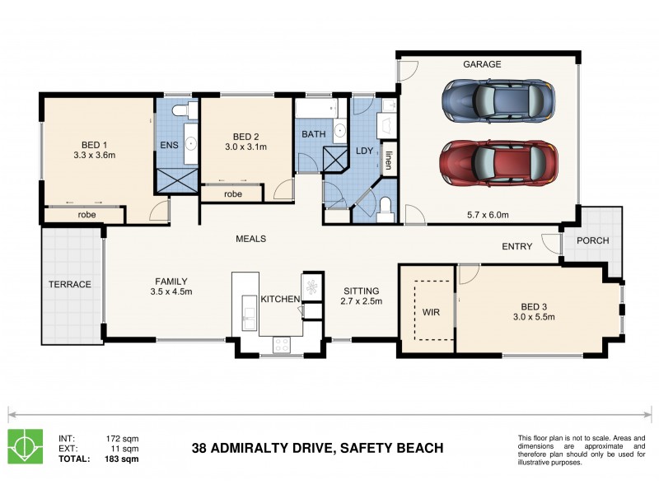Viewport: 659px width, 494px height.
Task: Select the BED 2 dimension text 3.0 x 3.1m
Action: point(245,148)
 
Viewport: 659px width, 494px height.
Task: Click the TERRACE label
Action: point(70,284)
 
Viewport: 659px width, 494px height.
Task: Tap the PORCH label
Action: point(591,241)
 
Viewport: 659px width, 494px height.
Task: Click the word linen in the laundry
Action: point(388,156)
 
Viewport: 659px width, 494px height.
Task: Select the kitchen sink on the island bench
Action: point(247,313)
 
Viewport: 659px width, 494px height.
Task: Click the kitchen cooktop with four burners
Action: point(281,344)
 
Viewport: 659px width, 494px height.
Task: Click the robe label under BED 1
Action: point(86,214)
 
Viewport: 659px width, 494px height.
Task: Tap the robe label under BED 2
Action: point(232,194)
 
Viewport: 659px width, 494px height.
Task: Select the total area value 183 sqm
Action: point(123,459)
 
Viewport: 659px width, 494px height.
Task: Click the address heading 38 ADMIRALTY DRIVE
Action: point(317,449)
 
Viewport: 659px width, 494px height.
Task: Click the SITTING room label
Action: point(361,291)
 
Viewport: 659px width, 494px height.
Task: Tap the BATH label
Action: point(313,134)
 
